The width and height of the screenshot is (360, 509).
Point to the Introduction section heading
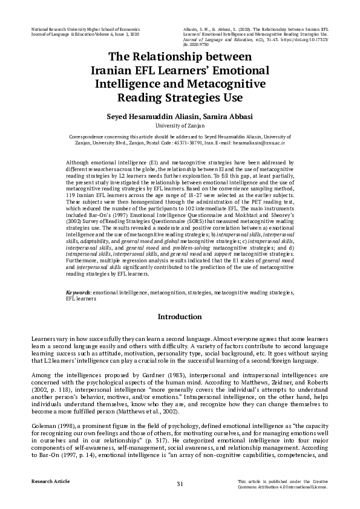click(x=180, y=317)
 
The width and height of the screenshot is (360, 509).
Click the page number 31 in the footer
click(x=180, y=484)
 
